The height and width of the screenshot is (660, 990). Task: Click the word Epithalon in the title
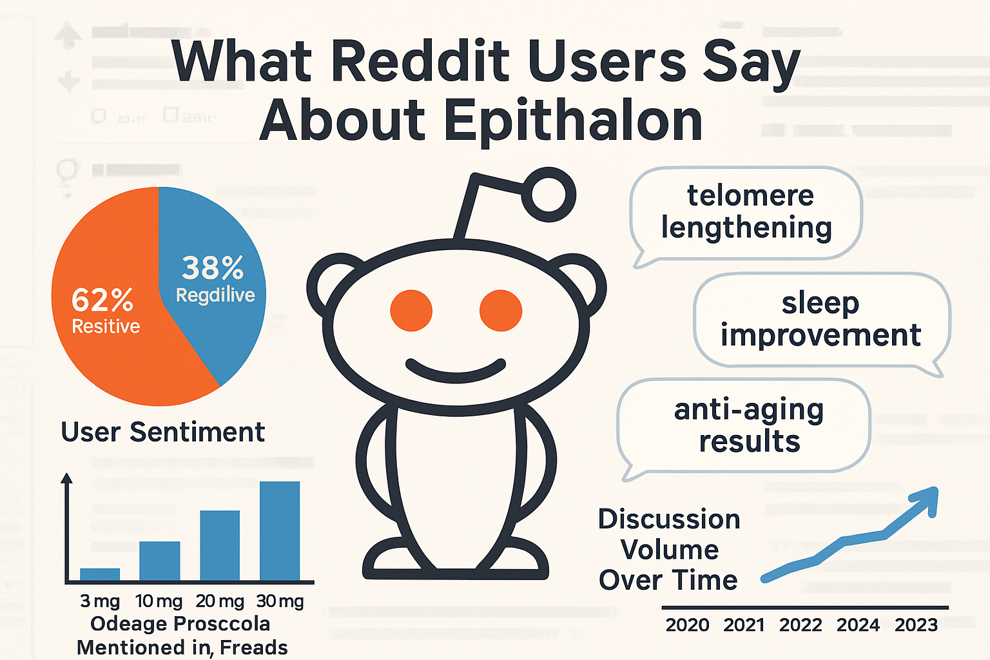[x=572, y=121]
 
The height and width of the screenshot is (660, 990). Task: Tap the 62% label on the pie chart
[x=102, y=300]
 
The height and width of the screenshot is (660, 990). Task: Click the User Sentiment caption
[x=162, y=432]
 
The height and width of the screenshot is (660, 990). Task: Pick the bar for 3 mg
[x=100, y=574]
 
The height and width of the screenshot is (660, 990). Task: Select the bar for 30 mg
[x=280, y=530]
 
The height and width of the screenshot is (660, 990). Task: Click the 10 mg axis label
[x=159, y=601]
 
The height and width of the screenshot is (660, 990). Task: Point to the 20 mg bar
[x=220, y=545]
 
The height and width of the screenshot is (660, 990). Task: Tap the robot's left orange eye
[x=411, y=311]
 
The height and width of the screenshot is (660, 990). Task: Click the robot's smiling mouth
[x=456, y=371]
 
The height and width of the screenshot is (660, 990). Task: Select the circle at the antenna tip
[x=548, y=194]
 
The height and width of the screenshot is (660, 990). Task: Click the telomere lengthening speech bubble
[x=746, y=213]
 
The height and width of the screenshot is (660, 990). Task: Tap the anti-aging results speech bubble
[x=748, y=426]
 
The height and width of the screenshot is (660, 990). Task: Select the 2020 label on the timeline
[x=687, y=625]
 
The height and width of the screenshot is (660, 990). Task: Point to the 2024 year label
[x=858, y=625]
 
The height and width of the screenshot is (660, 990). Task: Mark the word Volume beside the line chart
[x=669, y=550]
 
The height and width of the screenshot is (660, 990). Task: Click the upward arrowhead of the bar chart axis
[x=66, y=478]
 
